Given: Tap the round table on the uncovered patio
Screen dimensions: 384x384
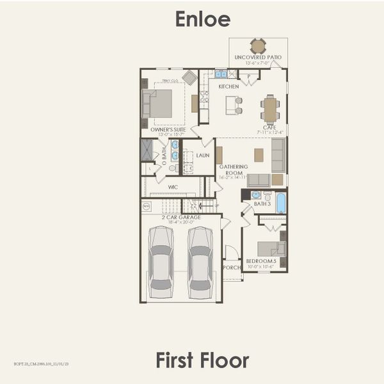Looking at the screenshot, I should click(258, 46).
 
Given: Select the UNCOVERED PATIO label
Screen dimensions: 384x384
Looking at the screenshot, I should click(258, 58).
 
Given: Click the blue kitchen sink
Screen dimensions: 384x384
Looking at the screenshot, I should click(221, 74).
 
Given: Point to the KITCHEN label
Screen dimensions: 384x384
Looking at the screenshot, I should click(228, 86).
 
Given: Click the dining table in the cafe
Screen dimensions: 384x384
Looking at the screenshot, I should click(269, 109).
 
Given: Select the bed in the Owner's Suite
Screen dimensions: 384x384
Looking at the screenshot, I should click(157, 103).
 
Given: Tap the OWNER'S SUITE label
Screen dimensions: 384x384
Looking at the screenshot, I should click(168, 129).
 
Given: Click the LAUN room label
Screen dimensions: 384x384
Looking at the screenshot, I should click(203, 155).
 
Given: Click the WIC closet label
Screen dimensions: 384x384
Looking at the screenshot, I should click(173, 187).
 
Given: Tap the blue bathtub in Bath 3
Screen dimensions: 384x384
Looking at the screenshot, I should click(280, 202).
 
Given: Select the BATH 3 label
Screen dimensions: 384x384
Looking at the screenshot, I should click(262, 204).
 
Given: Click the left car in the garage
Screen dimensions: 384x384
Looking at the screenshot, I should click(160, 262).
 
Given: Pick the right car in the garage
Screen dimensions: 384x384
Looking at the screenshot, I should click(200, 262).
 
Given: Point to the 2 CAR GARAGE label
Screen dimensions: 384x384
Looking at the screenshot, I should click(181, 217).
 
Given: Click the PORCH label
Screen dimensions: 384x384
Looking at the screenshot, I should click(231, 268).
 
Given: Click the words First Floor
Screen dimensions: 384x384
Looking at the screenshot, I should click(202, 360).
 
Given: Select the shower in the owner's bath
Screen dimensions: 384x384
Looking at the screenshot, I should click(147, 150).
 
